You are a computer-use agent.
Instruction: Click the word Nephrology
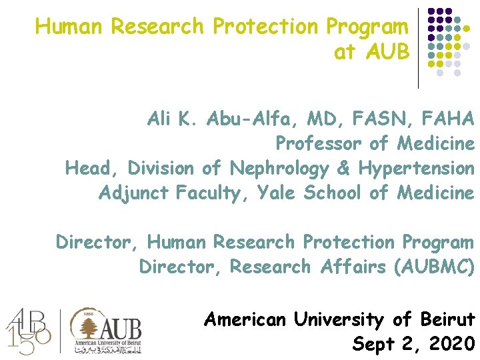279,168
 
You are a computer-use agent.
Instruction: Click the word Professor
318,144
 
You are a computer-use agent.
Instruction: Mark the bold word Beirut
448,320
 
